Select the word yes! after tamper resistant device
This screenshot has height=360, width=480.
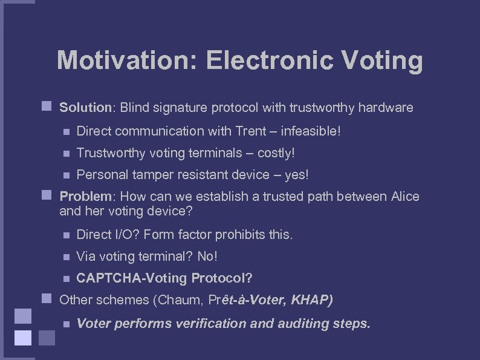(296, 175)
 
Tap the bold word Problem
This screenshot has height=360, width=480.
(85, 197)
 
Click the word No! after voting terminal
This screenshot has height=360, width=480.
(207, 257)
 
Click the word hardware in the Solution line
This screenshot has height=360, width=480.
(386, 108)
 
